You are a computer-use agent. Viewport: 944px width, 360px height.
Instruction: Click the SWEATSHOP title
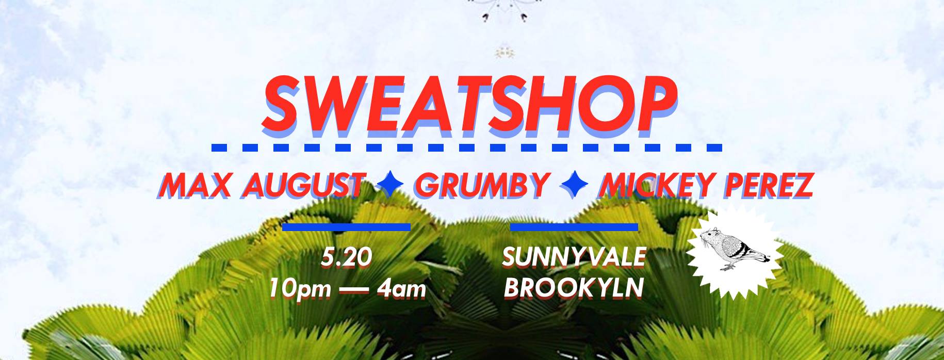pyautogui.click(x=469, y=105)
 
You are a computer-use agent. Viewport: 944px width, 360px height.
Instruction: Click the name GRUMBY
pyautogui.click(x=482, y=185)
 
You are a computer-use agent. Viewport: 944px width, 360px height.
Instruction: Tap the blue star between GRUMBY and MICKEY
pyautogui.click(x=574, y=185)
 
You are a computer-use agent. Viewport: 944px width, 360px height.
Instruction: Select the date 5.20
pyautogui.click(x=346, y=257)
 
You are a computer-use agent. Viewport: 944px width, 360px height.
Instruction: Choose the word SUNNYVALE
pyautogui.click(x=574, y=257)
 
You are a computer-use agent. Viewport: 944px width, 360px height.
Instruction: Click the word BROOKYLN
pyautogui.click(x=574, y=288)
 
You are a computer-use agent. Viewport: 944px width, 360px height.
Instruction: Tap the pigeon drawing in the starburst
pyautogui.click(x=733, y=248)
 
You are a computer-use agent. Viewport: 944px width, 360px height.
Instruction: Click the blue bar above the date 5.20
pyautogui.click(x=346, y=226)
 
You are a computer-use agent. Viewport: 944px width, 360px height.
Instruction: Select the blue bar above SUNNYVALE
pyautogui.click(x=574, y=226)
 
